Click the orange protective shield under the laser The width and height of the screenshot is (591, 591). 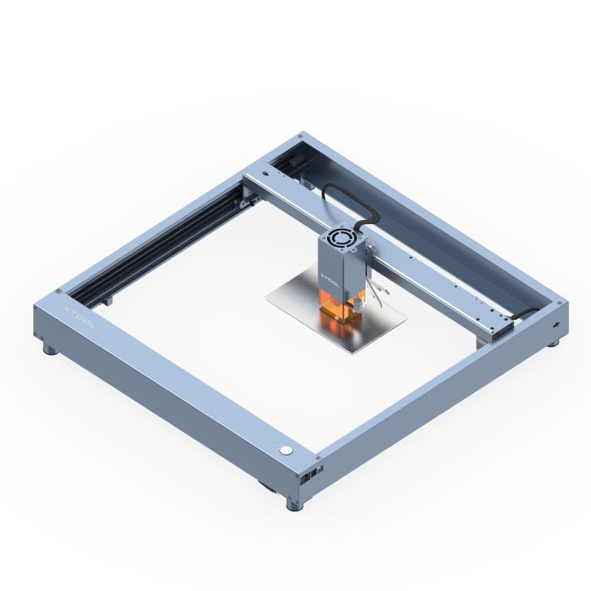[x=341, y=308]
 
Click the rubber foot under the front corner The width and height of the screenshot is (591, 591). [x=294, y=503]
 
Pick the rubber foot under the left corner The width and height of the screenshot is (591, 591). [x=50, y=350]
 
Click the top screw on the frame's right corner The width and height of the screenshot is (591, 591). [x=559, y=302]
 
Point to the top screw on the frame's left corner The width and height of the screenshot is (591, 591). [x=58, y=293]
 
